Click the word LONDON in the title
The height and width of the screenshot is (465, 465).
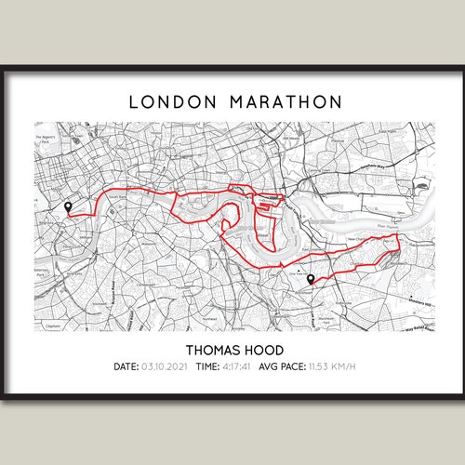168,101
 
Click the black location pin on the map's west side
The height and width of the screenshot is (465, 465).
67,207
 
